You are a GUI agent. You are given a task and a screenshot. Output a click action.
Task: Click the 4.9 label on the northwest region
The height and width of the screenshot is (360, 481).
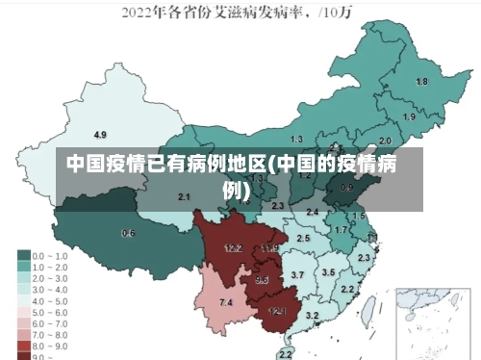[100, 134]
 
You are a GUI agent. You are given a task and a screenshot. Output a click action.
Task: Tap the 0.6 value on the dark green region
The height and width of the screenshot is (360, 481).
[128, 234]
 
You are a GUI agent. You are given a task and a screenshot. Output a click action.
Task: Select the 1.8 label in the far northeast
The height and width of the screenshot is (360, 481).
[421, 82]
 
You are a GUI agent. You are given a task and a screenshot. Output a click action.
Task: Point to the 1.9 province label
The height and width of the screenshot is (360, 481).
[409, 116]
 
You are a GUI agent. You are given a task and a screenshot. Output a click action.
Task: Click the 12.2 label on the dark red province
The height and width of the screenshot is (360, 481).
[234, 248]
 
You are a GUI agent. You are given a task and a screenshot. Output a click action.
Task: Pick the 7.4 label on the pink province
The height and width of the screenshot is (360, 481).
[226, 303]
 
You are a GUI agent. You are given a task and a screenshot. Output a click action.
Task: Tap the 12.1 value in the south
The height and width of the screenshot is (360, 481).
[277, 311]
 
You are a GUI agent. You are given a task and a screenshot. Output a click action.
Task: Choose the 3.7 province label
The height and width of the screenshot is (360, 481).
[297, 275]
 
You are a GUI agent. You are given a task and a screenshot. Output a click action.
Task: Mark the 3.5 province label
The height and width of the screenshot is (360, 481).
[328, 272]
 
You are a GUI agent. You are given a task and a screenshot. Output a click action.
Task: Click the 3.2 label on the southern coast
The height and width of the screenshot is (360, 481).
[312, 315]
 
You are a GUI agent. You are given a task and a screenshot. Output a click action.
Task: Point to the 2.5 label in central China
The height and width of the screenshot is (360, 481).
[303, 238]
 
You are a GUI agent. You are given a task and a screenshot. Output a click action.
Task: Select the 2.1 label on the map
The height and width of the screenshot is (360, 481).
[184, 196]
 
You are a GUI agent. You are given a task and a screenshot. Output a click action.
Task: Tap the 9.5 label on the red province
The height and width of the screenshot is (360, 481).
[262, 280]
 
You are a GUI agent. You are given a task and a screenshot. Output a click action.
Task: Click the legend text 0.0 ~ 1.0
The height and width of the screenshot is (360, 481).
[51, 256]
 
